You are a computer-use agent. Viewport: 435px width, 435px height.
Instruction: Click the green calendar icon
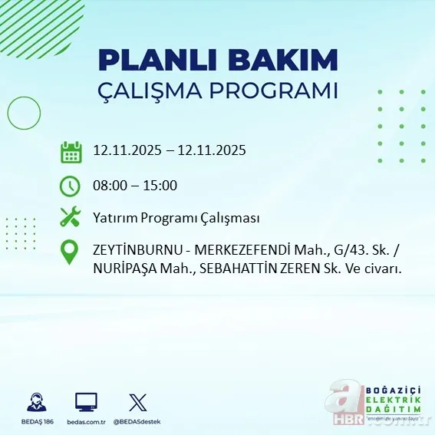click(x=71, y=151)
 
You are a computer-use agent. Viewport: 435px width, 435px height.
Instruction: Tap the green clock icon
click(x=71, y=185)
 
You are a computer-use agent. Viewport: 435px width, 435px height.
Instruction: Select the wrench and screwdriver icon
click(x=71, y=217)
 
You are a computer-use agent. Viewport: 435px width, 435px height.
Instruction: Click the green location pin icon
click(x=71, y=252)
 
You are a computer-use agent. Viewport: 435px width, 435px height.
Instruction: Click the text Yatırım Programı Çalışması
click(x=176, y=218)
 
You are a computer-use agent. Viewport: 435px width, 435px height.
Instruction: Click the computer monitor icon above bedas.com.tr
click(x=86, y=402)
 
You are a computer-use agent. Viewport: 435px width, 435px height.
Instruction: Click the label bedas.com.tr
click(x=86, y=422)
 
